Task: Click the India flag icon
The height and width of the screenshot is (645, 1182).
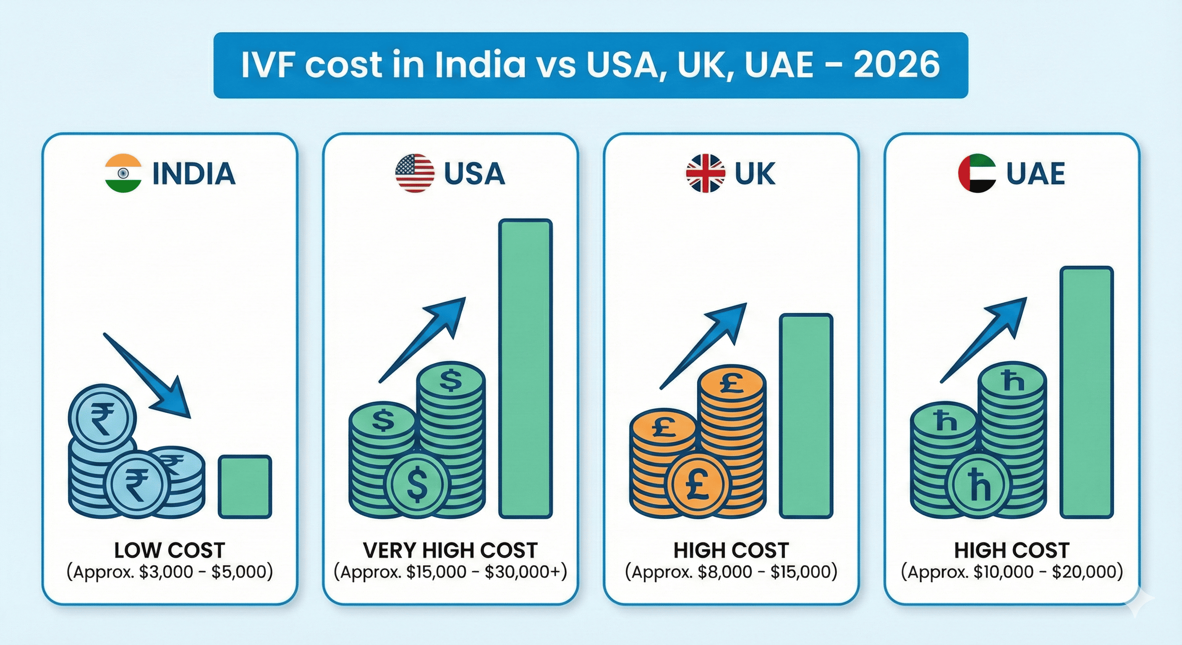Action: click(x=123, y=173)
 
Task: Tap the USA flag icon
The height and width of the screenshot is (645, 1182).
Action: click(x=414, y=173)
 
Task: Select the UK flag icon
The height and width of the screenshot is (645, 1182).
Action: click(x=706, y=173)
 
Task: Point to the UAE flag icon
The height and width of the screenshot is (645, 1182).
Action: click(x=977, y=173)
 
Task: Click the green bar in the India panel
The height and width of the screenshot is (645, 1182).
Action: click(x=245, y=487)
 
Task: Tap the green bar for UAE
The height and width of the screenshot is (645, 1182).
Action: click(x=1087, y=393)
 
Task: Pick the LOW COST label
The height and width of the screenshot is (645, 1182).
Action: click(x=169, y=550)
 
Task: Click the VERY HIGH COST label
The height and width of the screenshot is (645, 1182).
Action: click(x=450, y=550)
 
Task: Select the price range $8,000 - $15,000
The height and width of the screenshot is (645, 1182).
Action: click(x=731, y=572)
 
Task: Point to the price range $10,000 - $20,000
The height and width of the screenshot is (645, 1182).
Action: click(x=1012, y=572)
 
